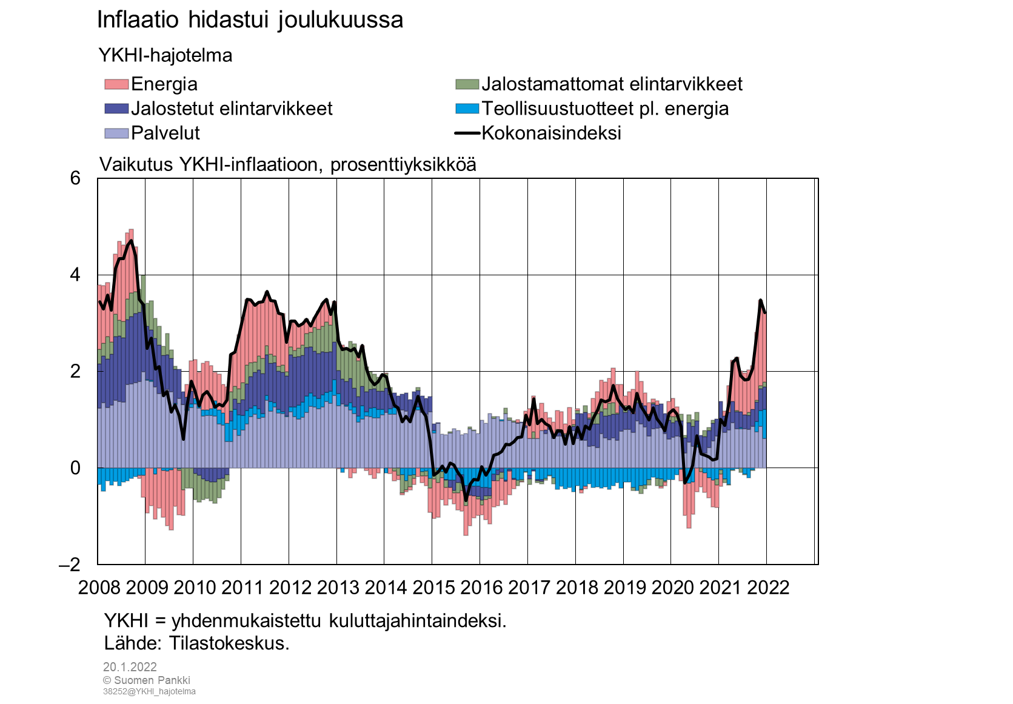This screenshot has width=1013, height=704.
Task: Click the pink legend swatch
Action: (x=116, y=84)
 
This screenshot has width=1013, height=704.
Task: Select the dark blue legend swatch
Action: (x=116, y=109)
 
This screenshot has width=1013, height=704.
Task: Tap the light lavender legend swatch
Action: (x=116, y=133)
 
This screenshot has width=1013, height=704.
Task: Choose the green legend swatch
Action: (x=467, y=84)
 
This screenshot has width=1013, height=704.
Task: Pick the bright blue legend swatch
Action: (x=467, y=109)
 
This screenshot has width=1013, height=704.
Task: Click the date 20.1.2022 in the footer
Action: (x=130, y=667)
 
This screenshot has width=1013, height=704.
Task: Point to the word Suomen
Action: (x=133, y=680)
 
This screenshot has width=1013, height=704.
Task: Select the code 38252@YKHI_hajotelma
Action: (x=149, y=691)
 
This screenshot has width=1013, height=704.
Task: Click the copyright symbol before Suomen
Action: (x=107, y=680)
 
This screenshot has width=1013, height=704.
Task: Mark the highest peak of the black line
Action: (x=131, y=241)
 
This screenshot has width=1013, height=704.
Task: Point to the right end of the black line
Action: (x=764, y=312)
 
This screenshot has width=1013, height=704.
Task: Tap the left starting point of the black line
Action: (x=99, y=301)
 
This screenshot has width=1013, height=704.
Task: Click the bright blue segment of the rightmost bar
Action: (x=764, y=424)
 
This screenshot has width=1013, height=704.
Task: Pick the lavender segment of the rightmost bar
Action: (x=764, y=453)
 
